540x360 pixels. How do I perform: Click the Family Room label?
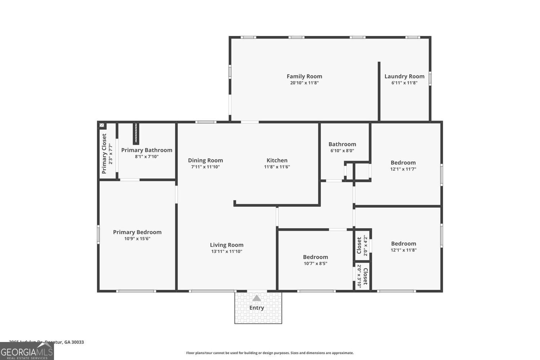tap(304, 76)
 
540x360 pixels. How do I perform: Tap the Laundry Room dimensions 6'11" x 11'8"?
tap(404, 83)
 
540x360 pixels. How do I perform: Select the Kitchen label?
tap(277, 161)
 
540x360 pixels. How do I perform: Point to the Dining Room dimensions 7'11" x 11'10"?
tap(205, 167)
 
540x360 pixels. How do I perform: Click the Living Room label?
tap(226, 245)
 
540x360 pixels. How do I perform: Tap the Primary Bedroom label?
tap(137, 232)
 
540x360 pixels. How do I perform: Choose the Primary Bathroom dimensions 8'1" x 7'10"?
tap(147, 157)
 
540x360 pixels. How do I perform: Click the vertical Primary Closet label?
tap(104, 154)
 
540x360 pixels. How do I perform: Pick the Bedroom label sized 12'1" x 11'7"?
tap(403, 163)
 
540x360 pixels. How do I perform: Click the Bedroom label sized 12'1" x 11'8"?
tap(404, 244)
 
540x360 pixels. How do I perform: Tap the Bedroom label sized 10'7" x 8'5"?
tap(315, 257)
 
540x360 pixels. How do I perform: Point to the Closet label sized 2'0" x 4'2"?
tap(359, 245)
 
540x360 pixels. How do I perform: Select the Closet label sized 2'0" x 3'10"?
tap(365, 276)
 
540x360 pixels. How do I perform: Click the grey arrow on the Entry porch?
tap(256, 298)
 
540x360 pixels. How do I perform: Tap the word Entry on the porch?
tap(256, 308)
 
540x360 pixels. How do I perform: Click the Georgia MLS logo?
tap(27, 351)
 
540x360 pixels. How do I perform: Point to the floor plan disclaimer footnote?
tap(270, 353)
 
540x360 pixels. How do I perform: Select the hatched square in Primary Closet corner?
tap(102, 125)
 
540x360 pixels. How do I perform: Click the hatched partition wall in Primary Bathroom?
tap(136, 133)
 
